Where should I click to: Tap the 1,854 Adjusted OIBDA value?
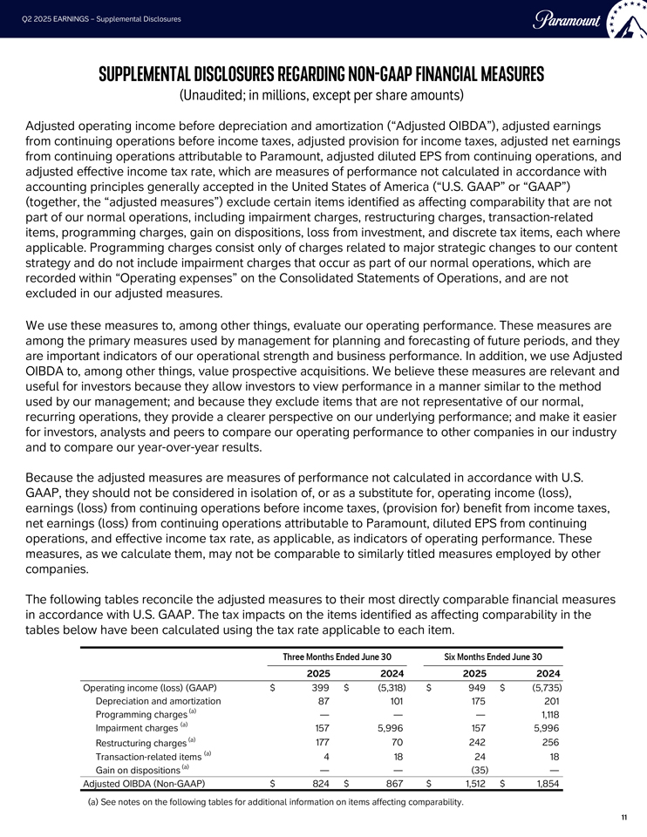point(546,784)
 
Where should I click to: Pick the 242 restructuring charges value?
point(477,742)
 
